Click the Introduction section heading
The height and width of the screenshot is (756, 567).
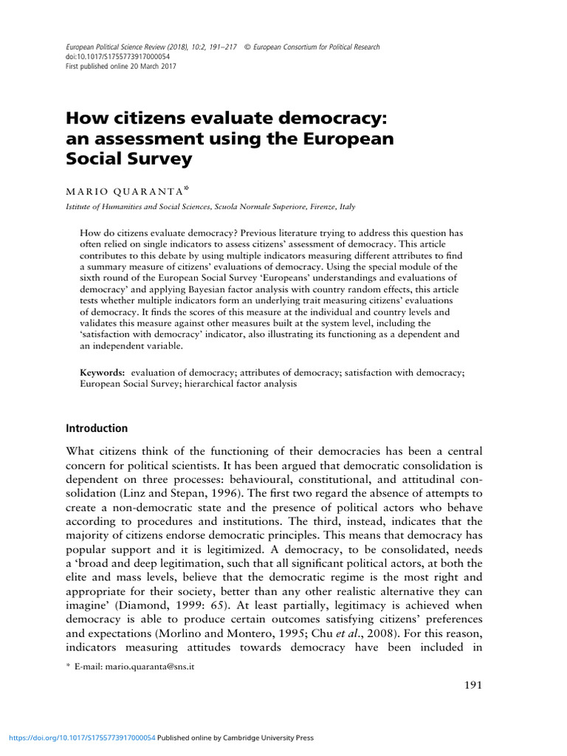pyautogui.click(x=97, y=428)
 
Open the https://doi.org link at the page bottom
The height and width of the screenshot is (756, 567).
pyautogui.click(x=82, y=738)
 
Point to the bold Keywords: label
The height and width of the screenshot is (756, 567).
pyautogui.click(x=102, y=374)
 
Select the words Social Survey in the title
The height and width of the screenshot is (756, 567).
pyautogui.click(x=129, y=158)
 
